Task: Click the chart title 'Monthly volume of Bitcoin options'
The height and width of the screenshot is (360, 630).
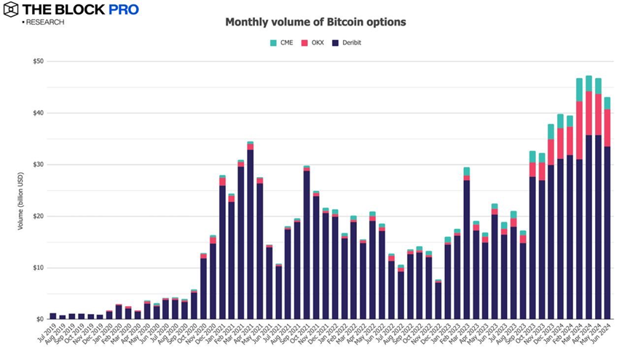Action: pos(315,22)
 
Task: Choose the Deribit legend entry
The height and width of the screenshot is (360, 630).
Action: pos(347,43)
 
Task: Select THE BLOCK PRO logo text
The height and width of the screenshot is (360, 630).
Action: pos(80,9)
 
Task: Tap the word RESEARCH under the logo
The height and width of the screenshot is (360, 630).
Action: pos(45,23)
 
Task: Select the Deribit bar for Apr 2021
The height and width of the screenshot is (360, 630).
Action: pos(250,233)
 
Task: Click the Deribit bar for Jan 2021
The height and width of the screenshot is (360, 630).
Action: pos(222,251)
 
